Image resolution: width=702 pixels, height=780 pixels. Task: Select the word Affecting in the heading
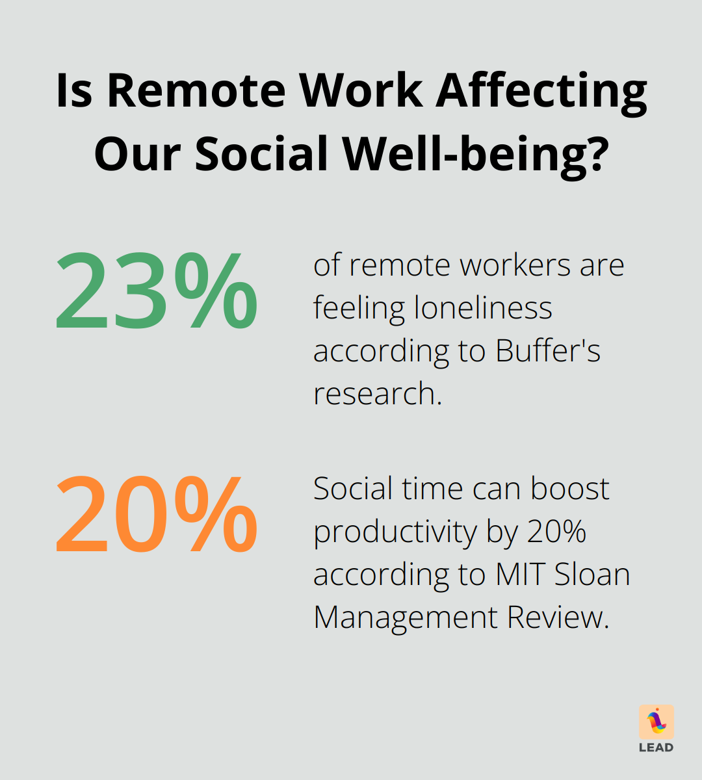click(x=541, y=90)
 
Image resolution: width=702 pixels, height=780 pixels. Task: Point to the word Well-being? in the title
click(x=476, y=154)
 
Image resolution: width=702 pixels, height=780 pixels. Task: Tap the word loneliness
click(x=483, y=307)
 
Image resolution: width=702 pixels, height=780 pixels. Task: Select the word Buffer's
click(x=548, y=350)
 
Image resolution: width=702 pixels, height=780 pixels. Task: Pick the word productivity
click(x=396, y=532)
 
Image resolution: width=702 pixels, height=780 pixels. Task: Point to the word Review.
click(x=558, y=617)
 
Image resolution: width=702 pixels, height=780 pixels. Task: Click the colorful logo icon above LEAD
click(x=656, y=721)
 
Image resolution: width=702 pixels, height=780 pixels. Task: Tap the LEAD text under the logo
click(x=656, y=747)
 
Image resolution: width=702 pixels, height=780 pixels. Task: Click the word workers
click(x=510, y=265)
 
